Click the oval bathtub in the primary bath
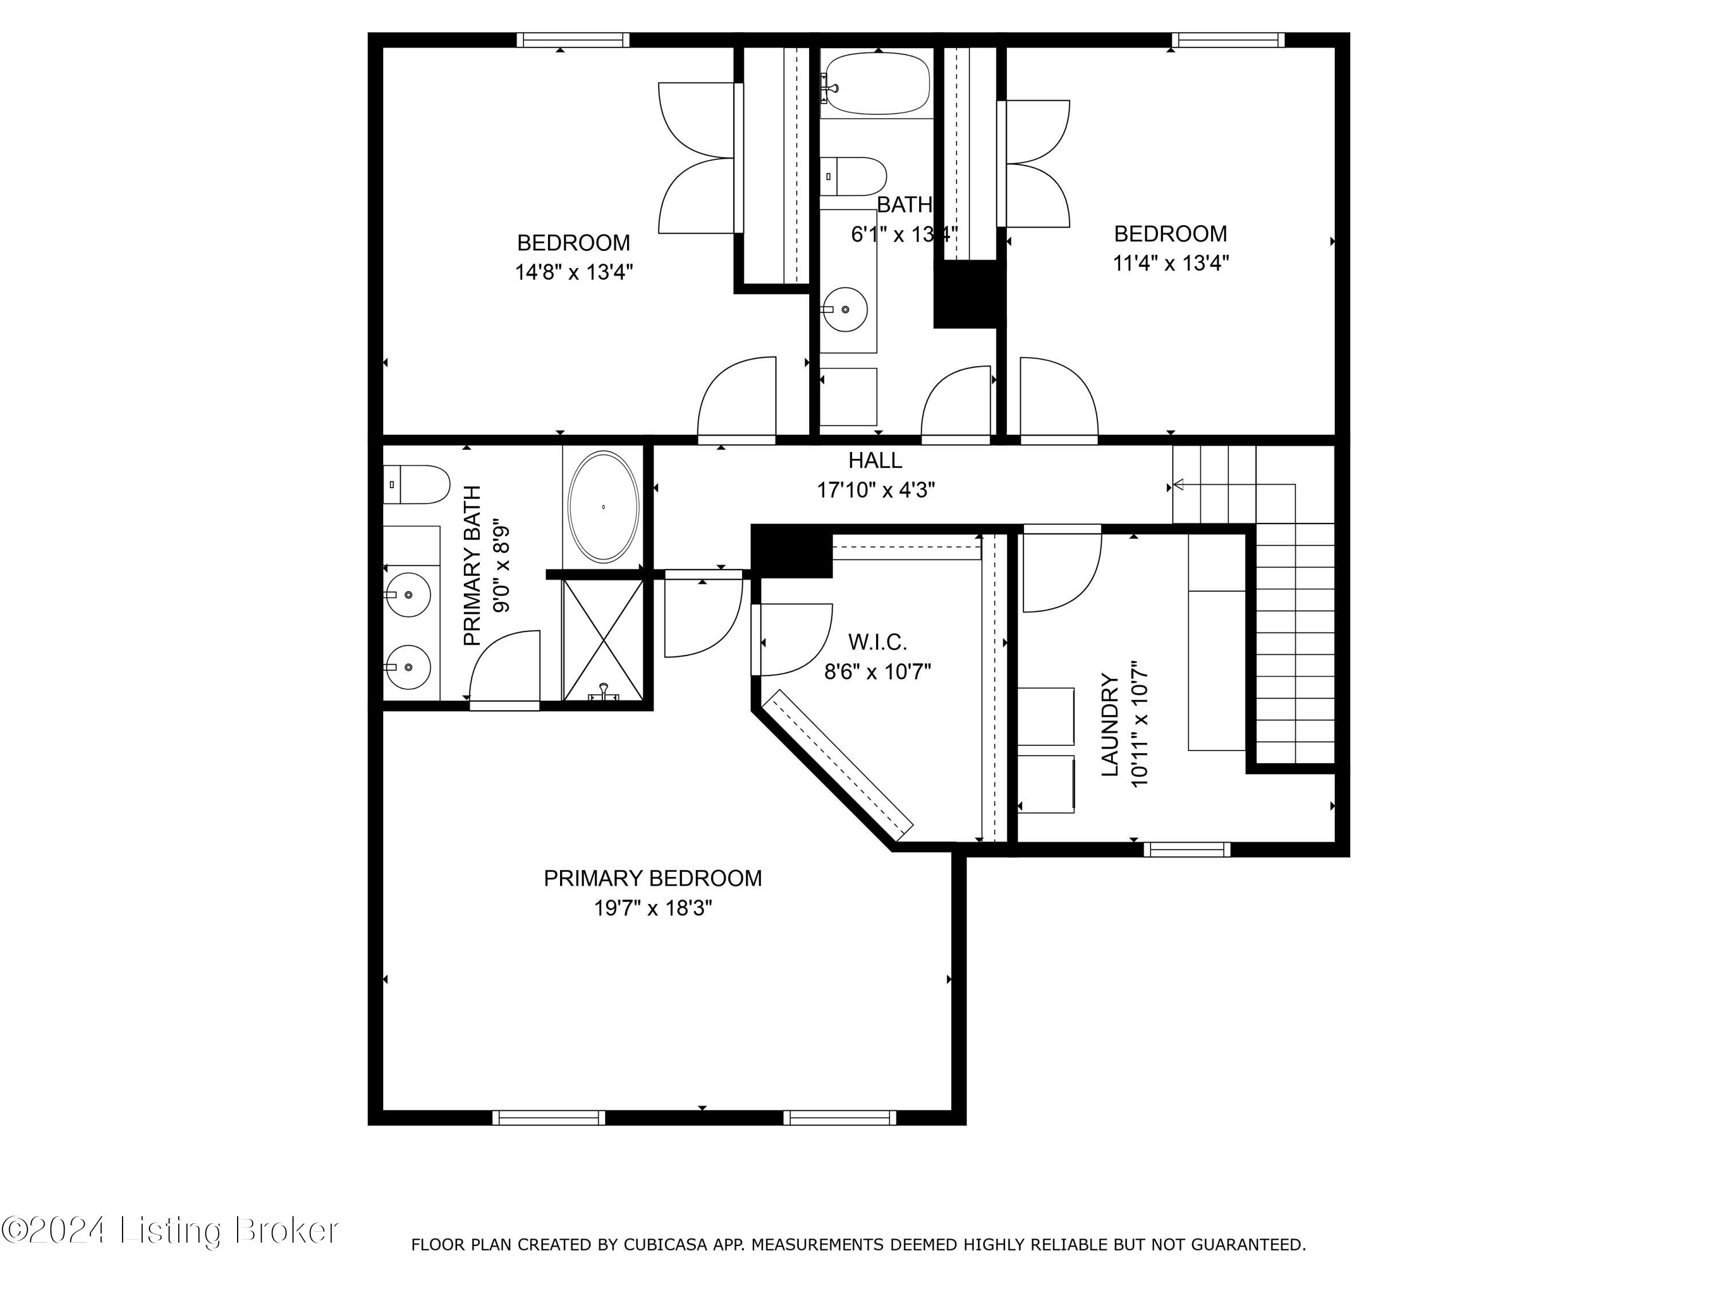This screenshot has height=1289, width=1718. (604, 506)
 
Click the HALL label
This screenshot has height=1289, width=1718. (874, 461)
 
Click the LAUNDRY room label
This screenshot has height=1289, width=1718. (1110, 724)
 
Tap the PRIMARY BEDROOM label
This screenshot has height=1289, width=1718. (652, 878)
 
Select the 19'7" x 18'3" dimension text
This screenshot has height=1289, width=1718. (652, 907)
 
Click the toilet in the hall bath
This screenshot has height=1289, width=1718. (854, 176)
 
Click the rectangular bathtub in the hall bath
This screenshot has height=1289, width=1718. (876, 84)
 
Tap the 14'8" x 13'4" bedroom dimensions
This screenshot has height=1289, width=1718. (574, 272)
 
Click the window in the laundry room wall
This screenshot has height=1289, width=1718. (1186, 849)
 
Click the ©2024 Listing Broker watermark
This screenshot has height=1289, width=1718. (170, 1230)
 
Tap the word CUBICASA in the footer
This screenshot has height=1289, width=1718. (665, 1245)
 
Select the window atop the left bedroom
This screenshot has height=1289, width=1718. (573, 40)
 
